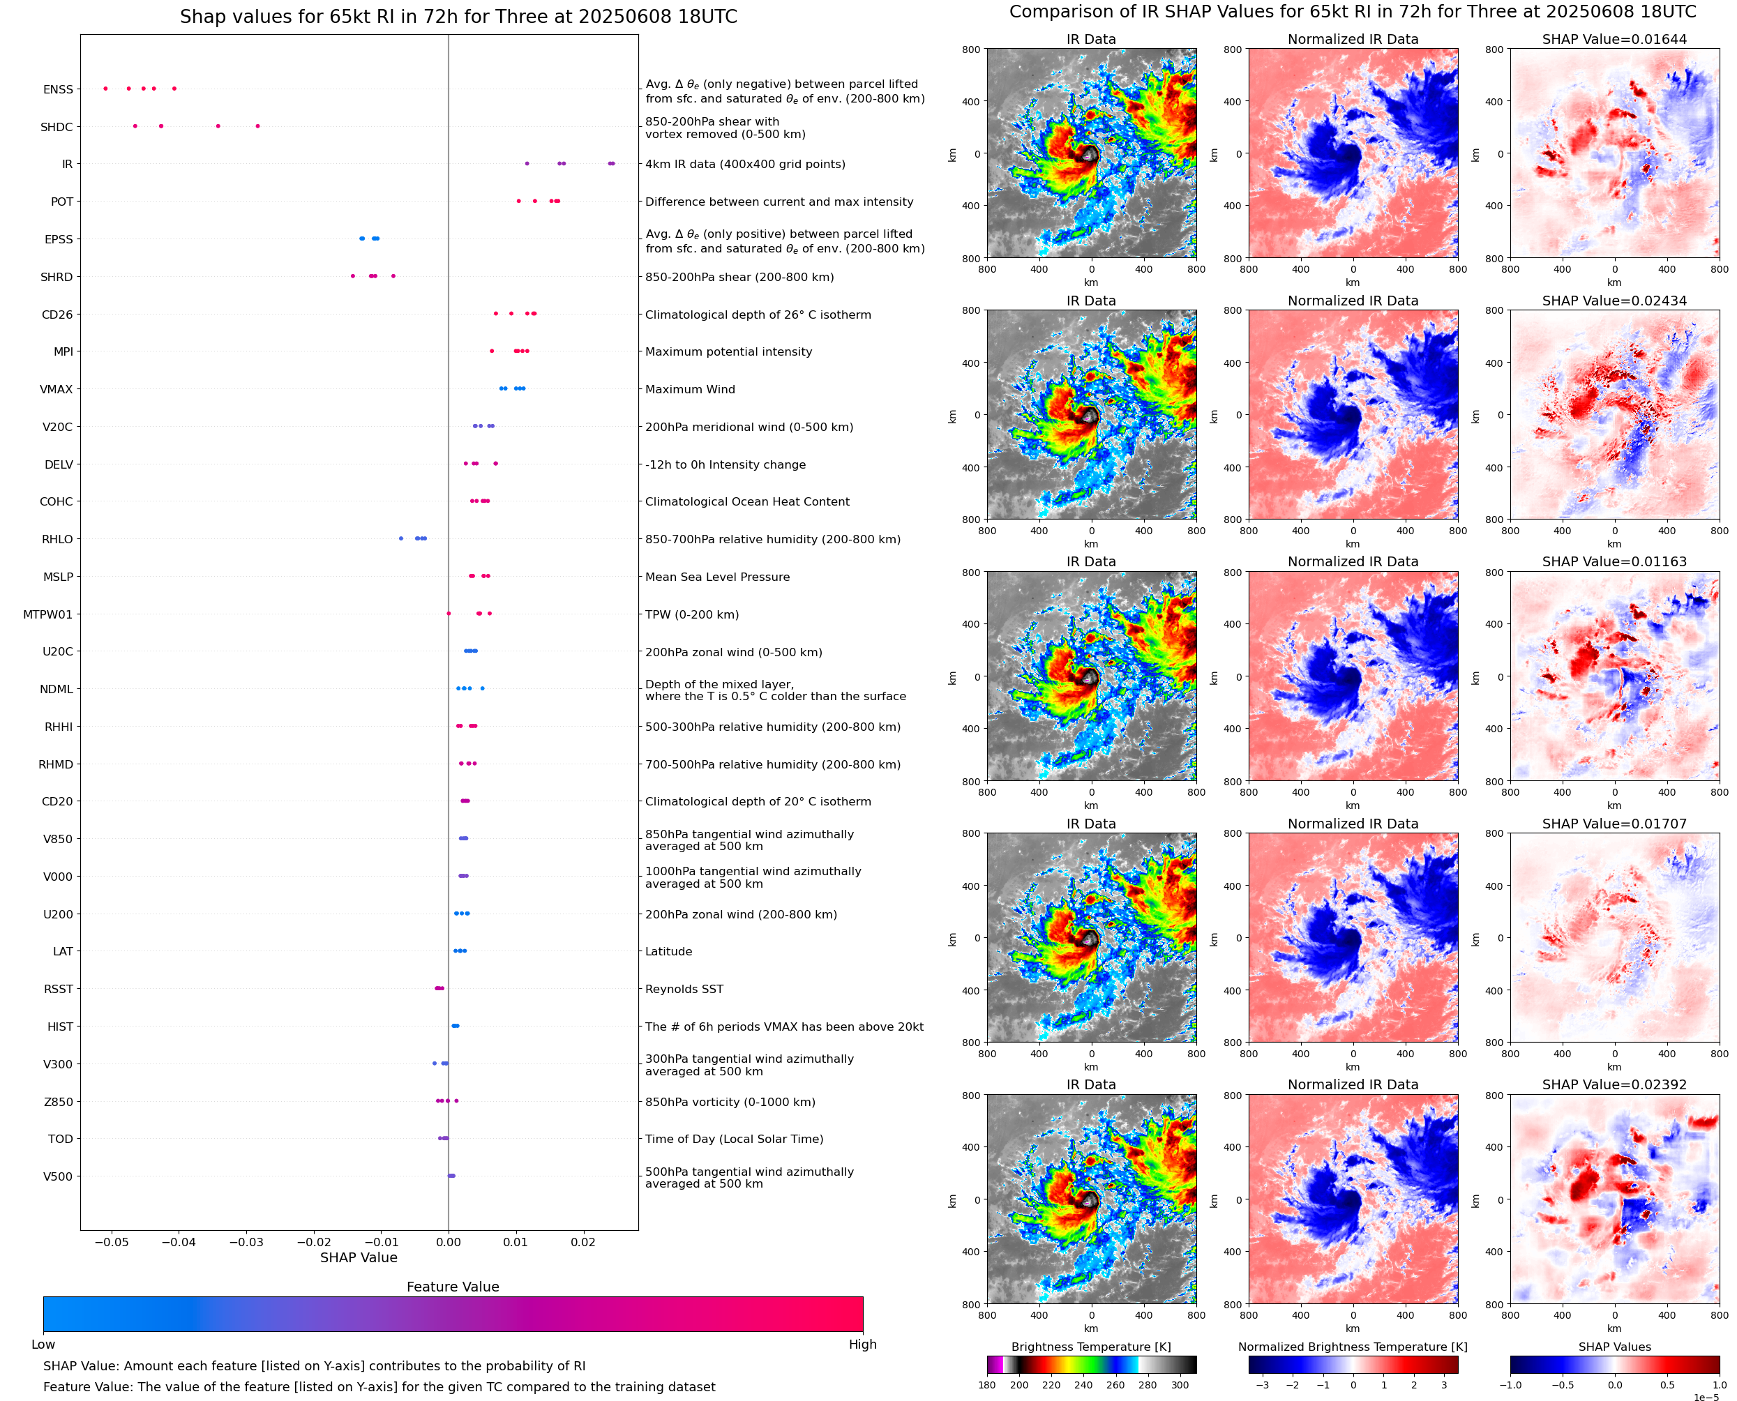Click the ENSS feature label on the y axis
click(58, 89)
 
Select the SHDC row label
click(57, 127)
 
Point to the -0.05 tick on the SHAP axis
click(112, 1242)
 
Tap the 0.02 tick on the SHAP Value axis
click(582, 1242)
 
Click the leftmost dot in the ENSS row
click(106, 89)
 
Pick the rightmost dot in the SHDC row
click(257, 126)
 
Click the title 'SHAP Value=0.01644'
click(1614, 40)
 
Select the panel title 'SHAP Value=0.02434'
click(1614, 301)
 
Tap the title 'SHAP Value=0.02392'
click(1614, 1084)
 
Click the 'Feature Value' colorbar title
click(453, 1287)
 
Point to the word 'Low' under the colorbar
click(43, 1345)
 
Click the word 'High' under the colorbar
click(862, 1345)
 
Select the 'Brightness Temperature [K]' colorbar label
click(1090, 1347)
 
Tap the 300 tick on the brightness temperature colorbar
click(1180, 1385)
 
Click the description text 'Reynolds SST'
click(684, 990)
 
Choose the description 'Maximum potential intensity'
click(728, 352)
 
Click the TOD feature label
click(61, 1139)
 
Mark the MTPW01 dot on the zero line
click(449, 614)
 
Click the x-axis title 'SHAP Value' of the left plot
click(359, 1257)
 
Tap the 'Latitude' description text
click(668, 951)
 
